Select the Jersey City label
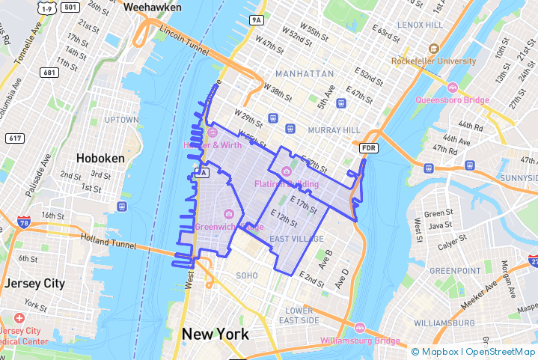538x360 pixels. tap(34, 284)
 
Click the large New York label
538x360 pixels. tap(215, 334)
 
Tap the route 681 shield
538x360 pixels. tap(51, 73)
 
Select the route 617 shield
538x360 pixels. tap(15, 138)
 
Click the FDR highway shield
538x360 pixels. tap(368, 148)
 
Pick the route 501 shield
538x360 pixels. tap(71, 7)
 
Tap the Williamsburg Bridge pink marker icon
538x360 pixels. tap(360, 328)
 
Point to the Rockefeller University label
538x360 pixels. tap(433, 61)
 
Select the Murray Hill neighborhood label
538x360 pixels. tap(334, 130)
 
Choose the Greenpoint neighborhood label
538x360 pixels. tap(454, 271)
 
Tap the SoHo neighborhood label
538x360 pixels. tap(247, 275)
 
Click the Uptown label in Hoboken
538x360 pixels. tap(121, 120)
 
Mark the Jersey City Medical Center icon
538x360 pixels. tap(19, 318)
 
